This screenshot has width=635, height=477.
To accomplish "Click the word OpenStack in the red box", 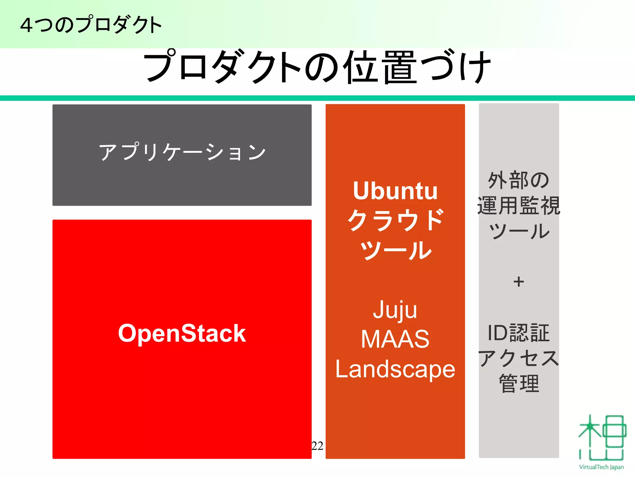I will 182,333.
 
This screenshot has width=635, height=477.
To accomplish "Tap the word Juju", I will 395,310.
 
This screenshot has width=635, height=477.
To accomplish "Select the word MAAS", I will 395,339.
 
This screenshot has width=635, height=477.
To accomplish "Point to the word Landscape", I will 395,369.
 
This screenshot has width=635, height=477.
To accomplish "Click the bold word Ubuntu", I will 395,191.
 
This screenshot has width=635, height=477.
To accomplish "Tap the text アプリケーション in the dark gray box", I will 182,152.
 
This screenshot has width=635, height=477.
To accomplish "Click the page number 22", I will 317,446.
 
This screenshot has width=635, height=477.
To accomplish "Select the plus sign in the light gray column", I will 518,282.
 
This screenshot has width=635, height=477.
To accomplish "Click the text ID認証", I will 518,333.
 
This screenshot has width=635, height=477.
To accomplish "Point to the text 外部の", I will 518,180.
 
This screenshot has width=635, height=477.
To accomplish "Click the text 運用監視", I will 518,206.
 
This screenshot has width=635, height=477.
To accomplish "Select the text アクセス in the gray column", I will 518,358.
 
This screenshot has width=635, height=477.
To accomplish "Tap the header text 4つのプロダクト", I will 91,25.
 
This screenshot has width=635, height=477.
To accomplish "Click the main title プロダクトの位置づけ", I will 317,67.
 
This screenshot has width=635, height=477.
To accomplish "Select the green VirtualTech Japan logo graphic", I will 602,438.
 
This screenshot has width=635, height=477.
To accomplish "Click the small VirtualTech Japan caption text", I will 601,467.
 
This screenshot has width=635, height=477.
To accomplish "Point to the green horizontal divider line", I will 317,98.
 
